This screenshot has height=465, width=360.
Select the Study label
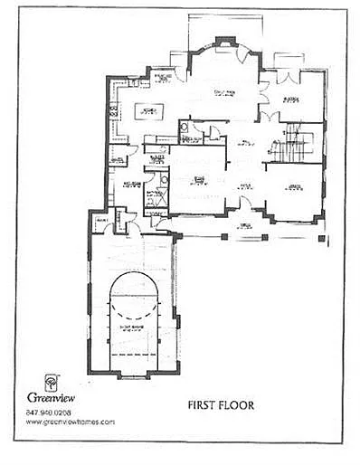pyautogui.click(x=199, y=181)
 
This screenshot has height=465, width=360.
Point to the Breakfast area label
pyautogui.click(x=164, y=78)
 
